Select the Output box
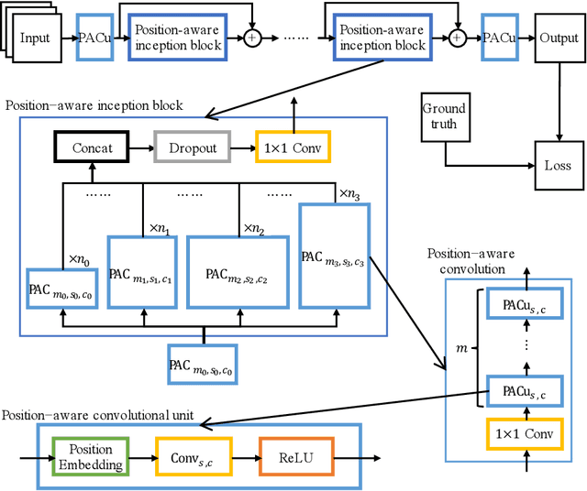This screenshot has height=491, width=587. (x=558, y=38)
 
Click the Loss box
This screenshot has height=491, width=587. (x=558, y=166)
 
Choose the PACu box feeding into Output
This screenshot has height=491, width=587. (x=501, y=38)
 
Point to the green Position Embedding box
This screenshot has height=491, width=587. (x=91, y=456)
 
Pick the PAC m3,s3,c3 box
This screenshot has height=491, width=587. (x=334, y=256)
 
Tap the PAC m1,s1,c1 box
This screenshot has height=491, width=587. (x=142, y=274)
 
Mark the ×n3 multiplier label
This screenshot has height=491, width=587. (x=350, y=193)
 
